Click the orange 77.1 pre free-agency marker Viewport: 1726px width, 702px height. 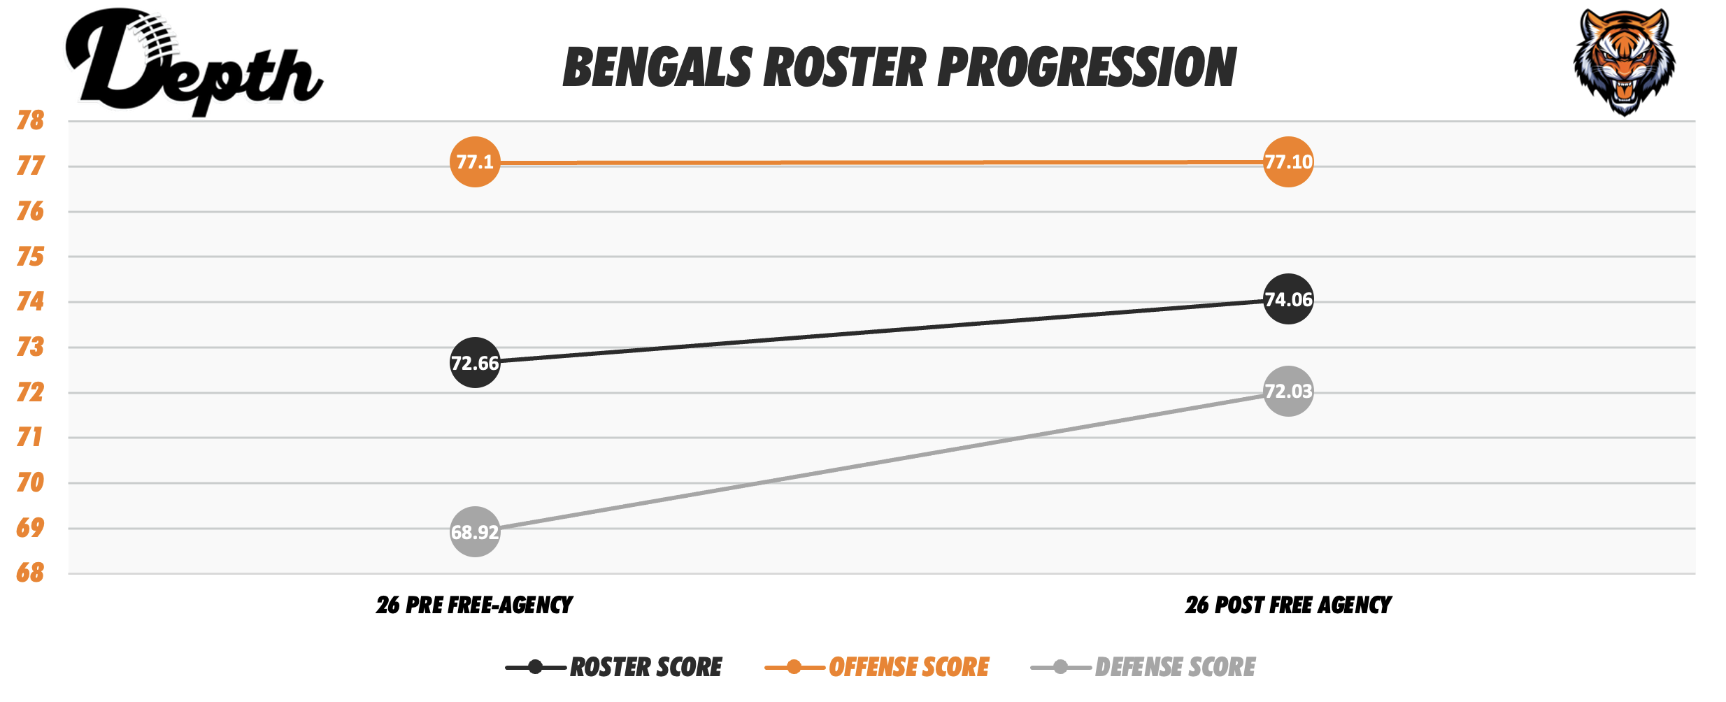point(475,162)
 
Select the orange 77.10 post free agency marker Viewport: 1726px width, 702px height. point(1288,162)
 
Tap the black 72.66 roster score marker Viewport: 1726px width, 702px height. point(475,362)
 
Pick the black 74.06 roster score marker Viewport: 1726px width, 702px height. point(1288,299)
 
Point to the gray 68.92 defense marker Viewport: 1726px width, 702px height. point(475,532)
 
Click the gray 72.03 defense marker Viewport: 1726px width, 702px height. point(1288,391)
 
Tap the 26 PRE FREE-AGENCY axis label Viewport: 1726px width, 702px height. point(474,605)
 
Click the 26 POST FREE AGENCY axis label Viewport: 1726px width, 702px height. point(1288,605)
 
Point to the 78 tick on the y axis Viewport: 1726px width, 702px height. point(31,121)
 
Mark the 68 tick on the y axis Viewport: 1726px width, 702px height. point(31,573)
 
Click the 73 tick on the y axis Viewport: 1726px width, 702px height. point(31,347)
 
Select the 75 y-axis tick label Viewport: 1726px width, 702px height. point(31,257)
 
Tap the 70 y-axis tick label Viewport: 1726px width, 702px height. point(31,482)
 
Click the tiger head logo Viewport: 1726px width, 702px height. point(1624,62)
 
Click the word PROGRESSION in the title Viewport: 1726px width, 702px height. point(1087,68)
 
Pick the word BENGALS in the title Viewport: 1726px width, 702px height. point(657,68)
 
